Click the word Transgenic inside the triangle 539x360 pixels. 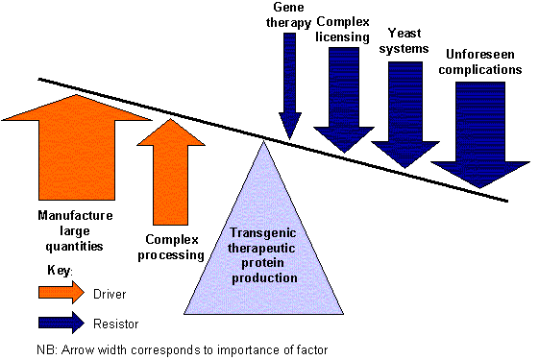pyautogui.click(x=263, y=233)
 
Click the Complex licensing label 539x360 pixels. pyautogui.click(x=343, y=29)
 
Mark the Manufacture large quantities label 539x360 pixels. pyautogui.click(x=76, y=230)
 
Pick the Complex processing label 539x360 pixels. pyautogui.click(x=176, y=248)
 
